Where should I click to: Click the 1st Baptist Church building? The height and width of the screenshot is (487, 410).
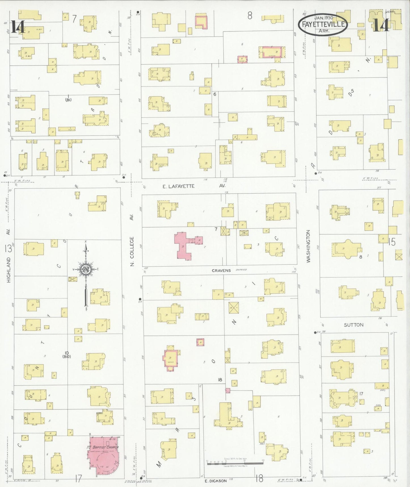[104, 455]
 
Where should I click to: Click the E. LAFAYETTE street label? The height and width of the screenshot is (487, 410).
[179, 186]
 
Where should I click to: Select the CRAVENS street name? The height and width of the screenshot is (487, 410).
[221, 270]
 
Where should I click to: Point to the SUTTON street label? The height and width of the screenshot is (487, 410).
[354, 325]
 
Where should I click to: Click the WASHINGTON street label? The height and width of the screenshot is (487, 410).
[309, 246]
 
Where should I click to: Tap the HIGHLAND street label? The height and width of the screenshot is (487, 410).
[9, 270]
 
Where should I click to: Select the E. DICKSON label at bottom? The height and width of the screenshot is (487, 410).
[216, 481]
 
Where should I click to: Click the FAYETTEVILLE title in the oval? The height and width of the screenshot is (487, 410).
[323, 24]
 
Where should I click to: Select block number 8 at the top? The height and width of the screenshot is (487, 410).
[249, 16]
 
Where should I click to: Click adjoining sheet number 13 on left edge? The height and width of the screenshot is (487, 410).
[8, 249]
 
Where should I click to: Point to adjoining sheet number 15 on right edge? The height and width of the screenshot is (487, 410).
[392, 242]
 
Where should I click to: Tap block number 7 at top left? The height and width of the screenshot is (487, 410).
[74, 19]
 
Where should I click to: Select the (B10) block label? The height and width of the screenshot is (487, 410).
[67, 356]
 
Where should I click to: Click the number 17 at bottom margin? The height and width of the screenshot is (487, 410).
[78, 479]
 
